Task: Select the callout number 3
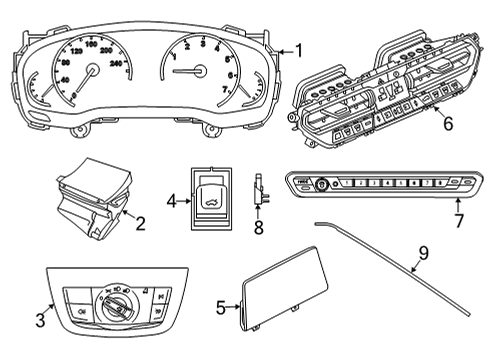[41, 320]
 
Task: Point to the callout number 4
[171, 201]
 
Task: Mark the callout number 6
[448, 125]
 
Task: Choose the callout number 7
[458, 220]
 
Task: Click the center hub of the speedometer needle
[93, 71]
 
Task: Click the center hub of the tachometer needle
[203, 71]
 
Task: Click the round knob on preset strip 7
[324, 184]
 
